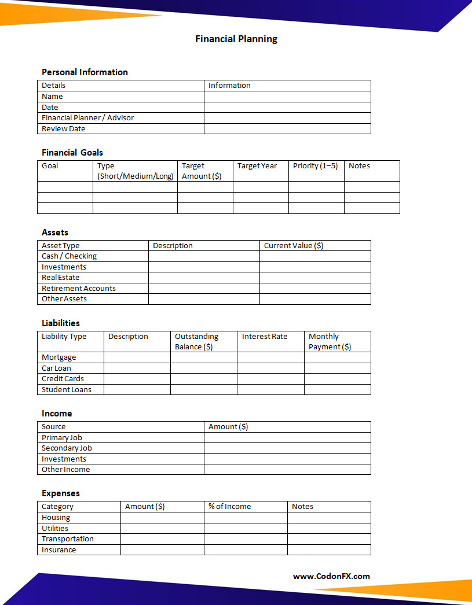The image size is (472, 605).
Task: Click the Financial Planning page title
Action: coord(236,39)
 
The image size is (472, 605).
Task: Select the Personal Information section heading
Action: coord(85,72)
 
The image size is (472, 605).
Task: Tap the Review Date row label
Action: coord(63,128)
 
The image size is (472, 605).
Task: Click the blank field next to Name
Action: coord(287,97)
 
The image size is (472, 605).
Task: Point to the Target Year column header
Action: coord(257,166)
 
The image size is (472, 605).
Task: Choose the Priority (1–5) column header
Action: coord(315,166)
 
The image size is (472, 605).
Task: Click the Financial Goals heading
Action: coord(72,153)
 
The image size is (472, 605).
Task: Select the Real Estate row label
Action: coord(61,278)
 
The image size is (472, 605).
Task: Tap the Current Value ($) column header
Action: coord(294,246)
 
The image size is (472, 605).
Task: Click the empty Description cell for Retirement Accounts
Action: coord(204,288)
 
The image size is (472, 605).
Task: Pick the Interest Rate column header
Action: coord(265,337)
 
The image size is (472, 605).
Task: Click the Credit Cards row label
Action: coord(63,379)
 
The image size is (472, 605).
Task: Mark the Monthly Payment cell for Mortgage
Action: coord(337,357)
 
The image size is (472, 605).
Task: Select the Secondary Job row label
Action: coord(67,448)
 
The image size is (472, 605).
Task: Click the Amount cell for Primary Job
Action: coord(287,438)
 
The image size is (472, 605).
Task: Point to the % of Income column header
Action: coord(230,507)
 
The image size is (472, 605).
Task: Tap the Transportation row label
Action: coord(68,539)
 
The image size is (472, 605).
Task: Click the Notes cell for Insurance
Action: coord(329,549)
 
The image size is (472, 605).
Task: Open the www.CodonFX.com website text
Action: coord(331,576)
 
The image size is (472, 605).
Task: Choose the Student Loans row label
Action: coord(67,390)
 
